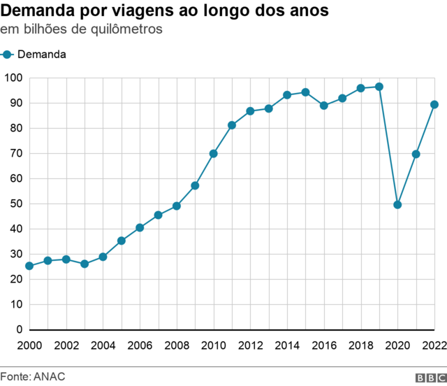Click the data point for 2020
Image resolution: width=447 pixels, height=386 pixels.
(397, 205)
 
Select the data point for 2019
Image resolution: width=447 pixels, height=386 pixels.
(379, 87)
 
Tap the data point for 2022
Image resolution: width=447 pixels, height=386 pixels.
(434, 104)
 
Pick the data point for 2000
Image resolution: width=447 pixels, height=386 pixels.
(29, 266)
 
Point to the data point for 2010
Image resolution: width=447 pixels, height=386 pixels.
(213, 153)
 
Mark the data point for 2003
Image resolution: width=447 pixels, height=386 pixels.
(85, 264)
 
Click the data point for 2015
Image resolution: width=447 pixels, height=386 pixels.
(305, 92)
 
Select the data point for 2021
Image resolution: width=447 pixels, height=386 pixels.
(416, 154)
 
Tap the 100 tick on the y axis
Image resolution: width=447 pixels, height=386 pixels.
(13, 78)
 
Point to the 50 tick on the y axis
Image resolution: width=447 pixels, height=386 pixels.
(16, 203)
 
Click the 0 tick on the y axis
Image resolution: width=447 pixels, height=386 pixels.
(19, 329)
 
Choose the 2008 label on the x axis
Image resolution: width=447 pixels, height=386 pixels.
(176, 345)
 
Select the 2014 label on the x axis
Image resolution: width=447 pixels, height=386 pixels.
(286, 345)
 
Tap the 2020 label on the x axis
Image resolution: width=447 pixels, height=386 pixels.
(397, 345)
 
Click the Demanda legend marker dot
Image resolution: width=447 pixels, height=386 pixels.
(8, 55)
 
